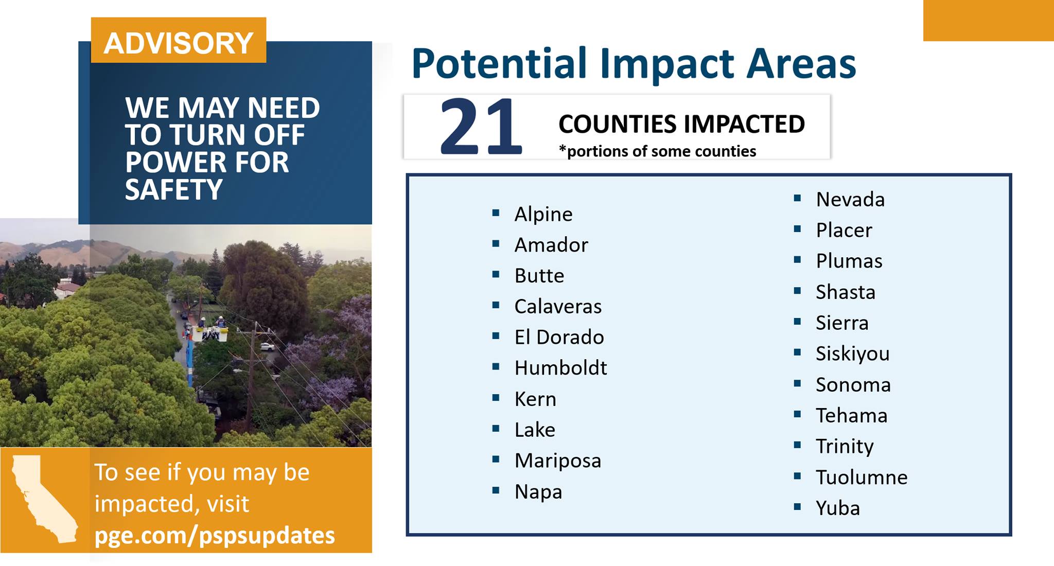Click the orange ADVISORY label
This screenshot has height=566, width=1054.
point(179,40)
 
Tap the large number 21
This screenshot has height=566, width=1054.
point(481,127)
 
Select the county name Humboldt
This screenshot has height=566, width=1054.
point(560,368)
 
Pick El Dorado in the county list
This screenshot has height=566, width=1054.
point(559,337)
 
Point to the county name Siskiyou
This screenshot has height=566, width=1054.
point(852,354)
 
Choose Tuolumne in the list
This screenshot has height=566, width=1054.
point(862,477)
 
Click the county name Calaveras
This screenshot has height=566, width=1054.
point(558,306)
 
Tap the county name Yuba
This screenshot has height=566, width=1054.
point(838,508)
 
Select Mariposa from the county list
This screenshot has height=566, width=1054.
point(558,461)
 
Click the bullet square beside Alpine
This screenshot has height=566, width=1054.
point(496,213)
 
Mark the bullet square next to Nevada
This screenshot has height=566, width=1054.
point(798,198)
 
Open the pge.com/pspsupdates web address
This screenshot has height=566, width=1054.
point(215,535)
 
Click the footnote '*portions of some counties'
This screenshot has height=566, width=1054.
point(657,151)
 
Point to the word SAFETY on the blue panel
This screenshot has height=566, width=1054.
point(173,189)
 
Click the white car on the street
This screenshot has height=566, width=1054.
point(267,347)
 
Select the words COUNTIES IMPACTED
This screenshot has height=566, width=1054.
point(681,124)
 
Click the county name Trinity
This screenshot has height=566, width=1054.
point(845,447)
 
